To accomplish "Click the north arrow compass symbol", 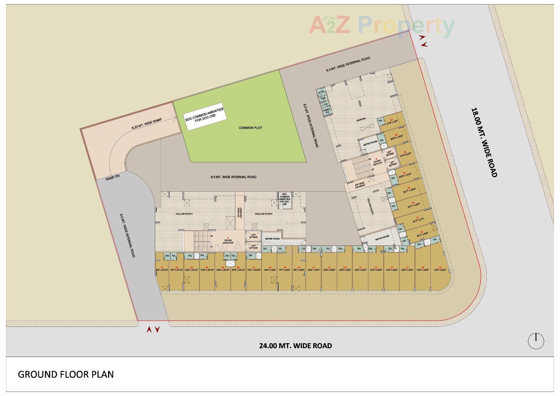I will (x=536, y=341).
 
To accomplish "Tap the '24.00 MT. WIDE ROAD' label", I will (x=295, y=346).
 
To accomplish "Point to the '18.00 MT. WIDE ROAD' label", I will (x=484, y=143).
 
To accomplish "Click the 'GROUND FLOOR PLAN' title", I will (x=66, y=374).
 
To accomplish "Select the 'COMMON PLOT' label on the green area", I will (x=250, y=128).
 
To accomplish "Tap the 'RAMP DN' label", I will (x=113, y=177).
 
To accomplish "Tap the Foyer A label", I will (x=228, y=241).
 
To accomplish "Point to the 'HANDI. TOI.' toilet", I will (x=326, y=111).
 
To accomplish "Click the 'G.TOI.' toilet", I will (x=321, y=92).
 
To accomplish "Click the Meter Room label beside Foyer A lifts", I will (x=272, y=239).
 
